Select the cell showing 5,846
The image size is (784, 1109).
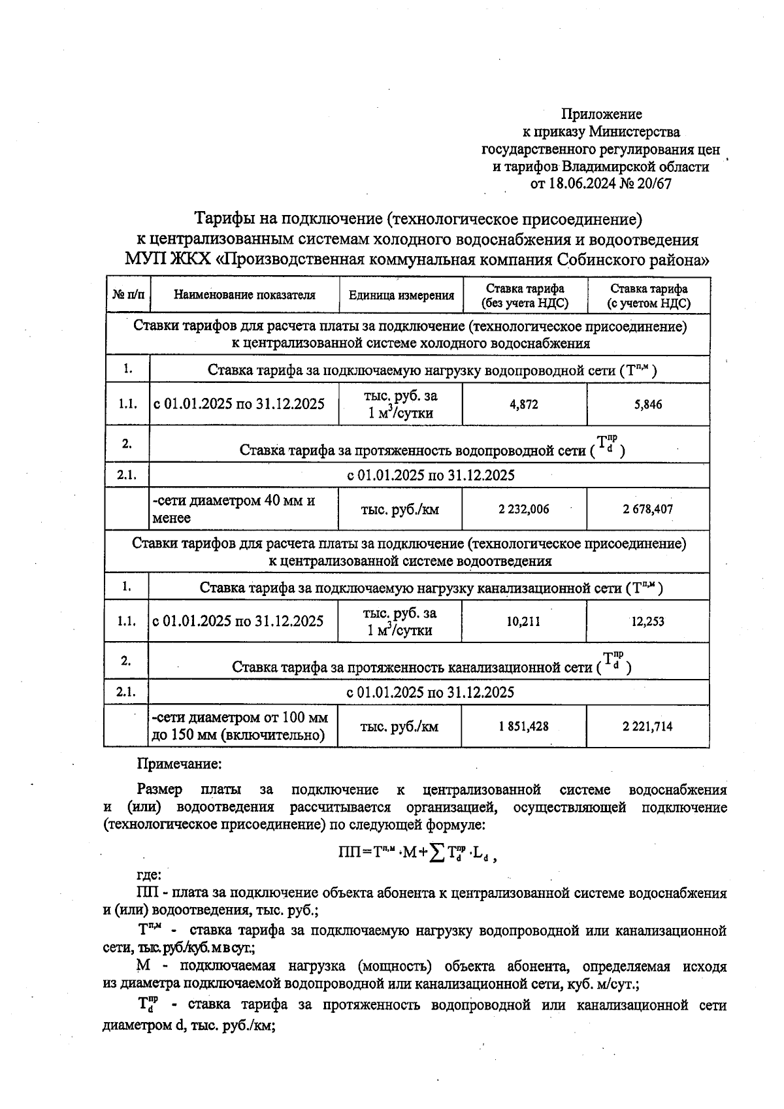(647, 405)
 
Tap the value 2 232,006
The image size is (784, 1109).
(523, 509)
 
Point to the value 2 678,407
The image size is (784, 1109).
(647, 509)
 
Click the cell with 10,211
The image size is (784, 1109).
(523, 621)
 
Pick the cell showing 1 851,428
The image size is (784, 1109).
(523, 726)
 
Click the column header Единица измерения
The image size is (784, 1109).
(401, 295)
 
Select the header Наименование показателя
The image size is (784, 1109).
(244, 295)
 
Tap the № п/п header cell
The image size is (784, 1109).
(128, 295)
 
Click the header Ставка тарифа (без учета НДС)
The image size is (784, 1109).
(525, 295)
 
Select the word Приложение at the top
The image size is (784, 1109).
(602, 115)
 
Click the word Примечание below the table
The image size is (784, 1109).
(179, 763)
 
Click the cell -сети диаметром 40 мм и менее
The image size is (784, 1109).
(234, 509)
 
